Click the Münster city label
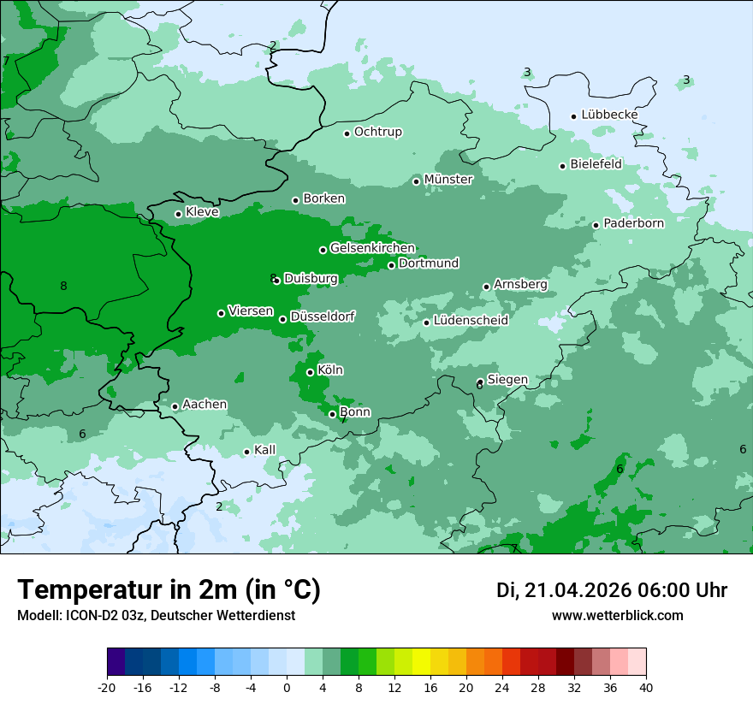coord(448,180)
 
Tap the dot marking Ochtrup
coord(347,133)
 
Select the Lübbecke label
coord(609,115)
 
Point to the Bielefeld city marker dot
coord(562,166)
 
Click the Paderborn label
coord(633,223)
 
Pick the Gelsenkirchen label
coord(372,248)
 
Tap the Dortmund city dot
coord(391,265)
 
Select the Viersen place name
coord(251,311)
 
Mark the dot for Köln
coord(310,372)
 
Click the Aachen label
coord(205,404)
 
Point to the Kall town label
coord(265,450)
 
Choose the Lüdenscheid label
coord(471,321)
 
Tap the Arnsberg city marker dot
coord(486,287)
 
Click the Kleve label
coord(202,212)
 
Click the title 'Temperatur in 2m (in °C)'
coord(169,590)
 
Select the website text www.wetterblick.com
coord(617,616)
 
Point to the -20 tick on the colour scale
coord(107,687)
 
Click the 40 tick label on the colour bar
coord(646,687)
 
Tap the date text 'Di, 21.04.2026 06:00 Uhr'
coord(612,590)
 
